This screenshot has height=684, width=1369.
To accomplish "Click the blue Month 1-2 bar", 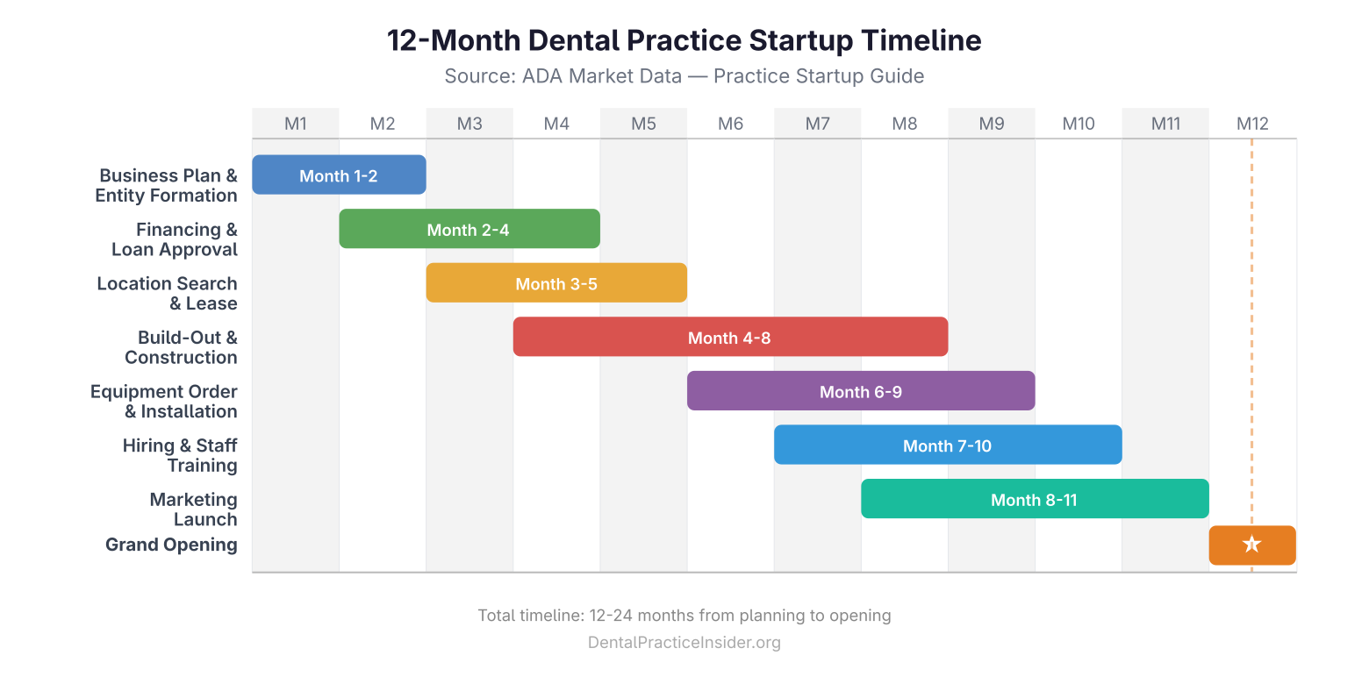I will (339, 175).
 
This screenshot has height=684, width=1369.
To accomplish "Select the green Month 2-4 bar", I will (469, 229).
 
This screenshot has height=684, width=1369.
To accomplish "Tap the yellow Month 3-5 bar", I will (556, 283).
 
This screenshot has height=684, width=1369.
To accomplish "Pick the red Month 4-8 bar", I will (730, 337).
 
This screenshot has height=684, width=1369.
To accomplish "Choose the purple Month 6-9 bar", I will (860, 391).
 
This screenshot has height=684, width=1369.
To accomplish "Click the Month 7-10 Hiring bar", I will (948, 445).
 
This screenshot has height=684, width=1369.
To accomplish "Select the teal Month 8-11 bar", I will (1034, 499).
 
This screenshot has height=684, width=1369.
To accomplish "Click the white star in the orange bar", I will (1251, 545).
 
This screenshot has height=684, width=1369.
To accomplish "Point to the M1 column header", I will (296, 124).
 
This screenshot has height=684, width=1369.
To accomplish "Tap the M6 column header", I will (730, 124).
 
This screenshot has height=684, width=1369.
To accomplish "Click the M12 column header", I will (1252, 124).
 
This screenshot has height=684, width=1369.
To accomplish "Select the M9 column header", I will (992, 124).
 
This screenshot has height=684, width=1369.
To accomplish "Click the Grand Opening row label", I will (171, 545).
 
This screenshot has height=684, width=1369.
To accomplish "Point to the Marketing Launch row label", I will (193, 509).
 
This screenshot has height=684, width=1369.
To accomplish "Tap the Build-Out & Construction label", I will (182, 347).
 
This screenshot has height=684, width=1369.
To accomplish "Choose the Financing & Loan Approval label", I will (176, 239).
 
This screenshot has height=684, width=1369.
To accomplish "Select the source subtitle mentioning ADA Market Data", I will (684, 76).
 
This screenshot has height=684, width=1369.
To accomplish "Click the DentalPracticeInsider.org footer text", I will (684, 643).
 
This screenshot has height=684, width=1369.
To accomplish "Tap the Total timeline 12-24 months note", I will (684, 616).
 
